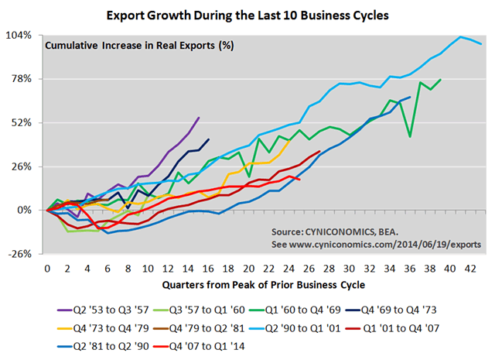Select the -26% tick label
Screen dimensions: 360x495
21,254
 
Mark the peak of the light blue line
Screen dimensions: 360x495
461,36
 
